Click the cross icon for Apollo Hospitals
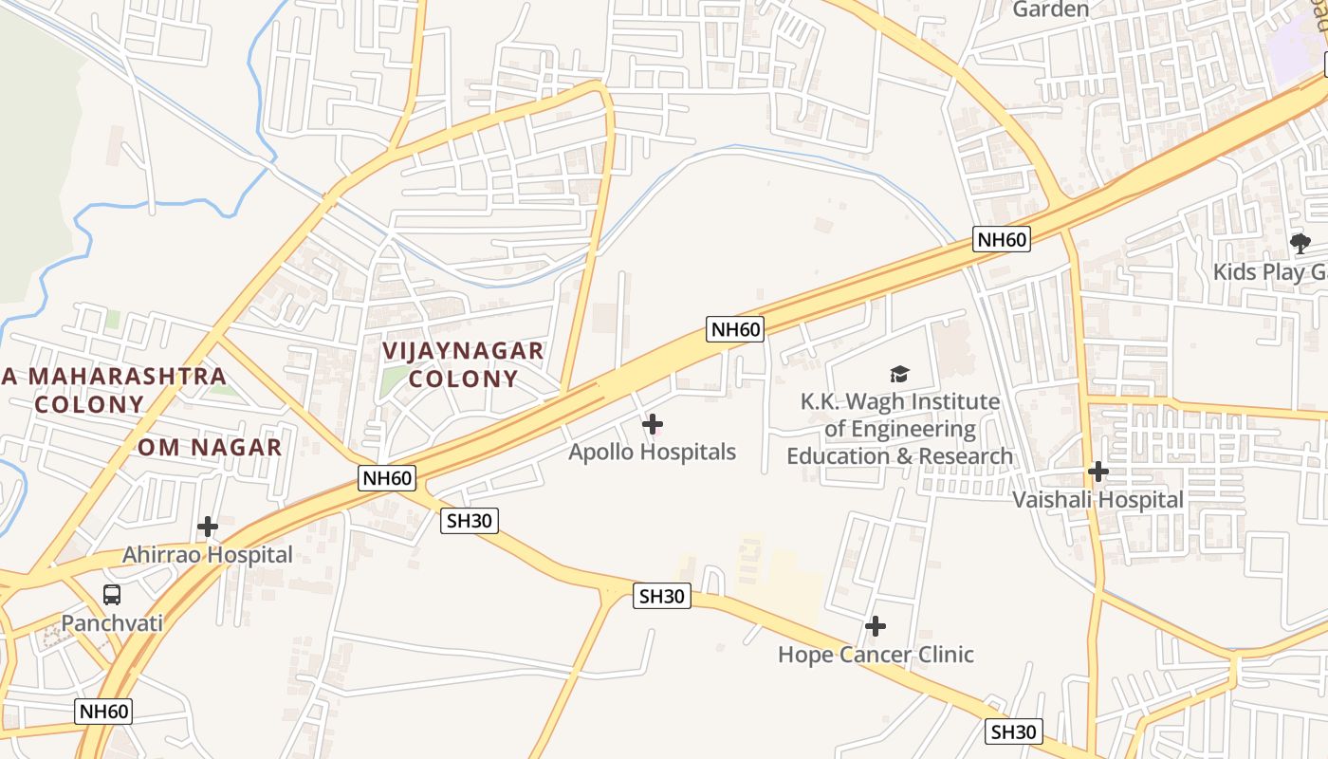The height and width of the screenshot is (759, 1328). point(653,425)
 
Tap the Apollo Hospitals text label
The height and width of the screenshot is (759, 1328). point(652,453)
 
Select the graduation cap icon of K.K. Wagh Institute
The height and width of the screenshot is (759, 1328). point(899,375)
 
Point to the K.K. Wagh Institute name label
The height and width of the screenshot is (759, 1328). point(899,429)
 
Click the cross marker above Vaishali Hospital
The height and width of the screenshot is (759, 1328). point(1097,472)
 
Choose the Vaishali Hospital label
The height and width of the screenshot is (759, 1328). point(1097,500)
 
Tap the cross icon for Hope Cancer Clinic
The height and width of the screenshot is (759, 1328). point(876,626)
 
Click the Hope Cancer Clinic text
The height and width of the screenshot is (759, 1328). point(876,655)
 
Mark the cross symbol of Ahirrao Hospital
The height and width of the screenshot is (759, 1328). point(208,527)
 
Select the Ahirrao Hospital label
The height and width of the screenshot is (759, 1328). point(208,555)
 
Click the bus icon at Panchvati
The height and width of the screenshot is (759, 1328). point(112,595)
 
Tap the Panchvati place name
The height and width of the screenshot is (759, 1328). point(112,623)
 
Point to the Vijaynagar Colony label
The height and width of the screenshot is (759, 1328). point(463,365)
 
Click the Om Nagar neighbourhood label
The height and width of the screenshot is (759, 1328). point(210,448)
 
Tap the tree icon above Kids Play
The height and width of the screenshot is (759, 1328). point(1300,243)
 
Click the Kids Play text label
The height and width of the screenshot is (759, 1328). point(1271,272)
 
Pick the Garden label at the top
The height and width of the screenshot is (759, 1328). point(1050,9)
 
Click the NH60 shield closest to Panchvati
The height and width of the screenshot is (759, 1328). point(103,711)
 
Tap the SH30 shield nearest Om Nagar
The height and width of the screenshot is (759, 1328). point(470,520)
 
